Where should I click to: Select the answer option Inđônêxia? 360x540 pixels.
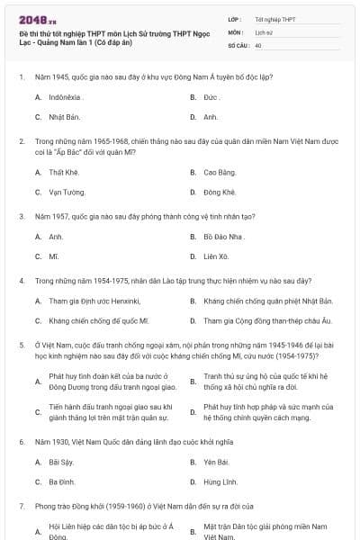pyautogui.click(x=65, y=96)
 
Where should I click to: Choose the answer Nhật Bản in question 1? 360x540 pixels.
pyautogui.click(x=63, y=117)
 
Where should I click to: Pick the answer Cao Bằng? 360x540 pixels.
pyautogui.click(x=219, y=171)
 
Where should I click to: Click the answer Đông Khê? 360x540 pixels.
pyautogui.click(x=219, y=192)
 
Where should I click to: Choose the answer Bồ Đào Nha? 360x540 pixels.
pyautogui.click(x=224, y=236)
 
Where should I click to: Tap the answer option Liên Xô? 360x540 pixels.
pyautogui.click(x=216, y=256)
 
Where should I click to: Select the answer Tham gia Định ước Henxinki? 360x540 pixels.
pyautogui.click(x=94, y=301)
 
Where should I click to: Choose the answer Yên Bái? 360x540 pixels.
pyautogui.click(x=216, y=462)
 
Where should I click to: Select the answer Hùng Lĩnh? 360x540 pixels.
pyautogui.click(x=219, y=482)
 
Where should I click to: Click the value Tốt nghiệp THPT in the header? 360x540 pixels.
pyautogui.click(x=275, y=19)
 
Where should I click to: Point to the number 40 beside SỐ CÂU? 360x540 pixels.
pyautogui.click(x=258, y=45)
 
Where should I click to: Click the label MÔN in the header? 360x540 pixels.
pyautogui.click(x=236, y=31)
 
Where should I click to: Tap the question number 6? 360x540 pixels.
pyautogui.click(x=21, y=442)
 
